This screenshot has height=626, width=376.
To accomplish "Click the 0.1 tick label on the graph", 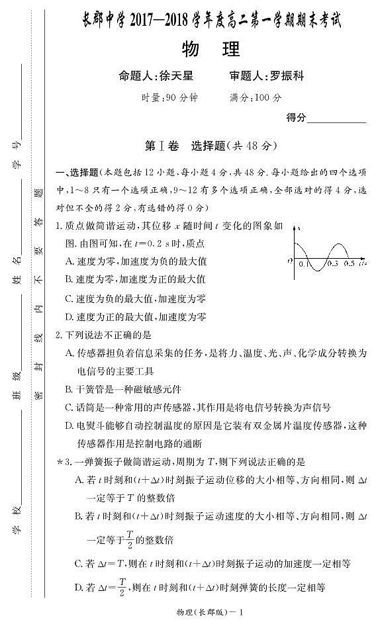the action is tap(304, 263).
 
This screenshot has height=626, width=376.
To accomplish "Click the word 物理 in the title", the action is tap(211, 49).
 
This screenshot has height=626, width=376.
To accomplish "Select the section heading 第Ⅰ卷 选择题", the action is tap(211, 146).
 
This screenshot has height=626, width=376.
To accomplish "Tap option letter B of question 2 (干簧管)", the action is tap(70, 388).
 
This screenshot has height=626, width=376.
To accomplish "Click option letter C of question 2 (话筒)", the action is tap(70, 407).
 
